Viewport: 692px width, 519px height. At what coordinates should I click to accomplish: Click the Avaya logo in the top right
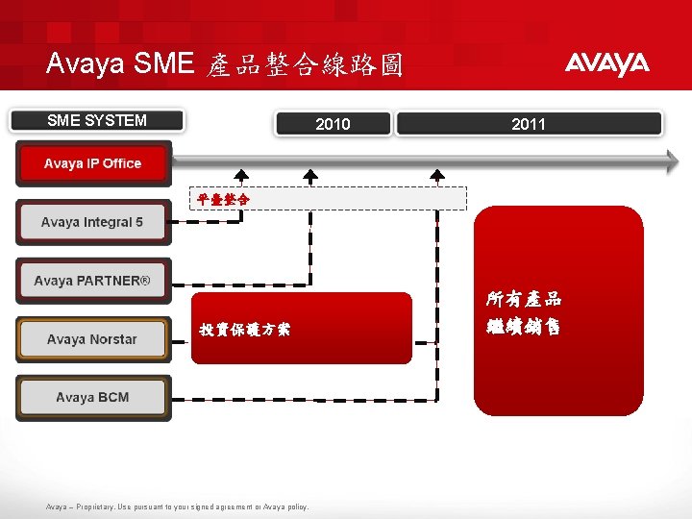pos(606,64)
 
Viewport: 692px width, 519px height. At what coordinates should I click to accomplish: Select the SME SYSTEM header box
pos(97,121)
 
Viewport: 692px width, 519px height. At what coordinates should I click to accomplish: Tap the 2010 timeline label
pos(334,124)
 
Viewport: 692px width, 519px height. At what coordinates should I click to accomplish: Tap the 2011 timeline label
pos(529,124)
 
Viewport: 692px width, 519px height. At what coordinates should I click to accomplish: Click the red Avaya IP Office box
pos(93,163)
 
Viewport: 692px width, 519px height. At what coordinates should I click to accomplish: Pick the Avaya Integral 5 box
pos(93,222)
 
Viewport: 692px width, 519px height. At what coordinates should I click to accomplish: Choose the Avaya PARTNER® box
pos(93,281)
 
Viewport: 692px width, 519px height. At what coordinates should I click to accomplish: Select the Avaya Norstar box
pos(93,339)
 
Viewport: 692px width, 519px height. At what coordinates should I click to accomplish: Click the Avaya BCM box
pos(93,398)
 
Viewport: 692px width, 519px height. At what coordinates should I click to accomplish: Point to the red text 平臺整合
pos(223,199)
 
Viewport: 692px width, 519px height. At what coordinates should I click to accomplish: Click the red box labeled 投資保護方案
pos(301,329)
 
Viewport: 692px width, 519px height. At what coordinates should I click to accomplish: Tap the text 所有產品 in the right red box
pos(524,299)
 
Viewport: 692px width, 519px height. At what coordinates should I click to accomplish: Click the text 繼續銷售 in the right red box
pos(524,327)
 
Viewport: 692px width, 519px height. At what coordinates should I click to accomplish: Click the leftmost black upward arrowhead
pos(241,176)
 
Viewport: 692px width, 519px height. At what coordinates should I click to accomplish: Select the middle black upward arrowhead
pos(310,176)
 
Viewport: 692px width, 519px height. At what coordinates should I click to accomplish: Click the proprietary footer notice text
pos(178,507)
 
